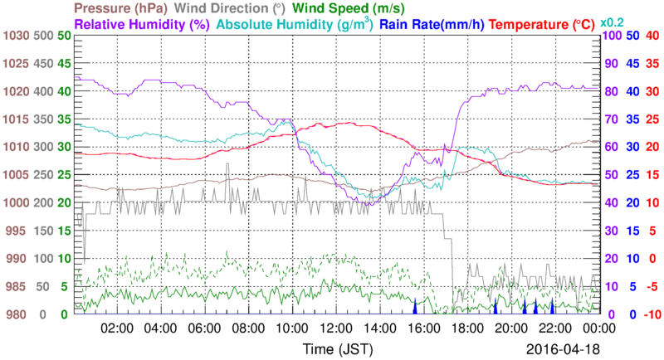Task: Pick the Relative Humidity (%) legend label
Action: pos(142,25)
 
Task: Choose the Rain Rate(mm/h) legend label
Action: pos(433,25)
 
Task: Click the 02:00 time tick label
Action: pos(118,328)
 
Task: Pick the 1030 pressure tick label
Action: pos(15,36)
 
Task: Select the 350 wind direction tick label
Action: pos(43,119)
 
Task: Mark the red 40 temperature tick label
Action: pos(652,36)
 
